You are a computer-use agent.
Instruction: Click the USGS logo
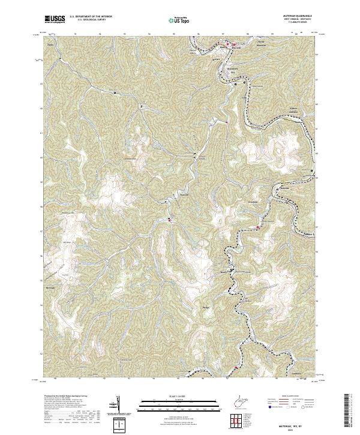pos(55,20)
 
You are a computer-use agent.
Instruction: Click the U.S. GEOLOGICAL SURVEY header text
pos(88,21)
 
